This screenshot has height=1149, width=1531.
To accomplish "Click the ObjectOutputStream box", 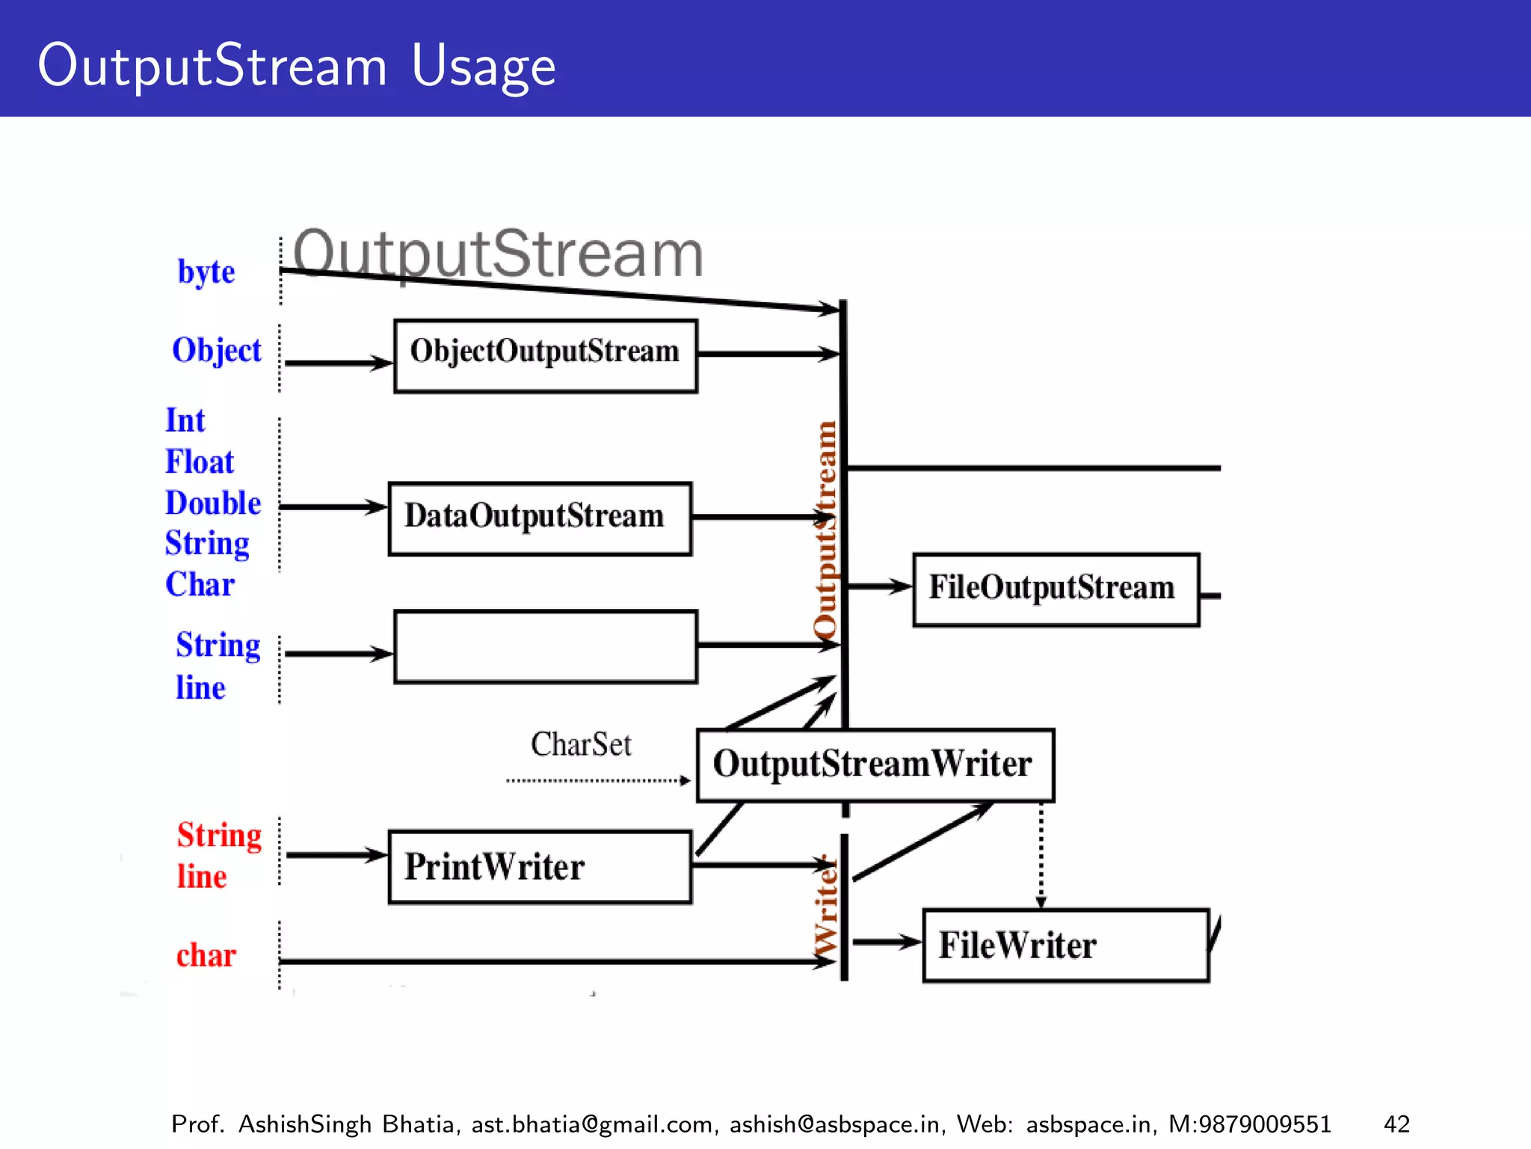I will pos(545,355).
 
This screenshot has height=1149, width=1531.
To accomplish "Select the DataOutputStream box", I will pos(540,518).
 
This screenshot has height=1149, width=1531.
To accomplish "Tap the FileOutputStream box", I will pos(1056,589).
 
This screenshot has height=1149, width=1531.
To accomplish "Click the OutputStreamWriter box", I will pos(875,765).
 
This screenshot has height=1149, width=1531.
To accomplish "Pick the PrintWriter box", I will pos(540,866).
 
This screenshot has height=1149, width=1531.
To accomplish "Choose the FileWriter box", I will pos(1065,945).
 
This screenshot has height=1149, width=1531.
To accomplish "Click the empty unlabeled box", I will pos(545,646).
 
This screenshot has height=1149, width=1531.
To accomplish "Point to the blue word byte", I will pos(206,272).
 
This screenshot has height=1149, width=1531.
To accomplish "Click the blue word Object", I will pos(216,350).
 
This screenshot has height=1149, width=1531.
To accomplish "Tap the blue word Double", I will pos(213,503).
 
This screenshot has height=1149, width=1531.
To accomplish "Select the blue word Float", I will pos(199,462).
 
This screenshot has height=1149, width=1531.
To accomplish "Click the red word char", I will pos(206,955).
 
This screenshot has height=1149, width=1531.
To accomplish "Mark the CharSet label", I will pos(581,744).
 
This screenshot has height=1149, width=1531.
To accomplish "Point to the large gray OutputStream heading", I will pos(497,254).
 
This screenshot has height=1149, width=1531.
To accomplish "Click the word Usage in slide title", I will pos(483,66).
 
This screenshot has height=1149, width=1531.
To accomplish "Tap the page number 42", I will pos(1396,1124).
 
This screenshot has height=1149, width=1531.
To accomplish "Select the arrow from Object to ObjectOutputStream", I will pos(338,363).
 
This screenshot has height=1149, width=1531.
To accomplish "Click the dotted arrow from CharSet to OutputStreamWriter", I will pos(597,780).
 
